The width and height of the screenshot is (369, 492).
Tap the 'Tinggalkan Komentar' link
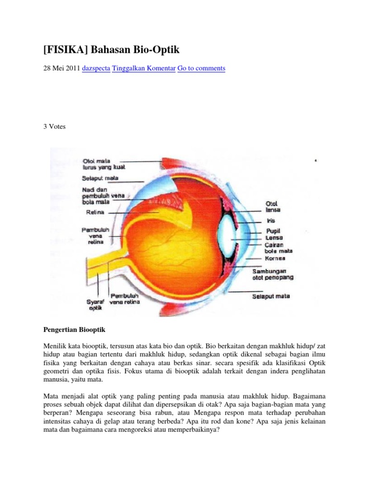click(144, 68)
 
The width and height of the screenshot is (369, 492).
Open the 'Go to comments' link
click(201, 68)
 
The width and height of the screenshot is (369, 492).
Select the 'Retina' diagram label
click(94, 211)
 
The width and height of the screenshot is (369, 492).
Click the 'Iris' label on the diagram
click(271, 221)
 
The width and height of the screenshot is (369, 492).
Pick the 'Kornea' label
click(276, 258)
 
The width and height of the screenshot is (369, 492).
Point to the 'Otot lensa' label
click(273, 207)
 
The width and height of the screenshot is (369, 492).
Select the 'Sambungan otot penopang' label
click(272, 274)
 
